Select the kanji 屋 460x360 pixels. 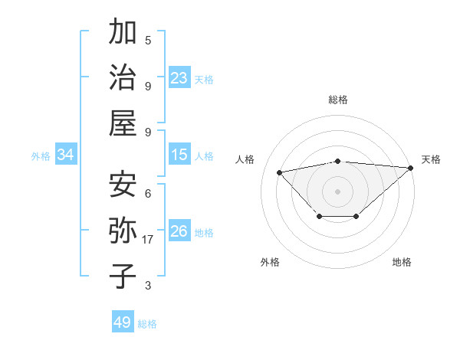[x=123, y=123]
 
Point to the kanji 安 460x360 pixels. [x=123, y=184]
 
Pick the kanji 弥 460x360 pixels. [x=123, y=231]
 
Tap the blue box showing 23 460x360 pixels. [x=179, y=78]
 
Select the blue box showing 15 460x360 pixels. [x=179, y=155]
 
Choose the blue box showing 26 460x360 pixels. [x=179, y=231]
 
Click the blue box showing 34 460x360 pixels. [x=66, y=155]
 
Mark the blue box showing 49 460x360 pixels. [x=123, y=322]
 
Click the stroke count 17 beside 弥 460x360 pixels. [x=148, y=240]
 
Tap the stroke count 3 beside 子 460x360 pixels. [x=148, y=286]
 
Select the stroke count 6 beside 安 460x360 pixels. [x=148, y=193]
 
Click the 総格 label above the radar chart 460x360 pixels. [x=338, y=100]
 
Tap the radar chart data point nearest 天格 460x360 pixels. [x=411, y=168]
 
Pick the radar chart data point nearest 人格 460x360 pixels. [x=280, y=172]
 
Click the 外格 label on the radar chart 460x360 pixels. [x=270, y=262]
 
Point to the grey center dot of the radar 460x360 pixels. [x=337, y=190]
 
